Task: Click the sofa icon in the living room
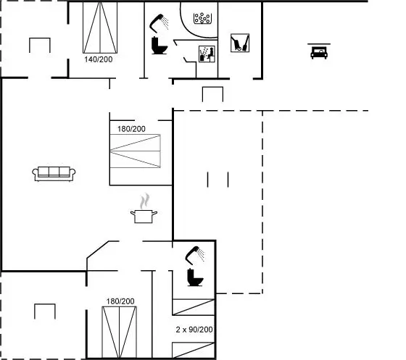54,174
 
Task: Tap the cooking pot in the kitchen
144,216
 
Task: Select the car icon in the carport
319,53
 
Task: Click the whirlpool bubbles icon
202,18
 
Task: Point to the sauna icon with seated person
207,54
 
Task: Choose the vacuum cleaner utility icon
240,43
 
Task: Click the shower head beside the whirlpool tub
159,22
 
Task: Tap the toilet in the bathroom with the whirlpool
159,46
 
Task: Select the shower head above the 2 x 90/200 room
195,255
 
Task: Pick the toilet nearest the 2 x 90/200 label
195,277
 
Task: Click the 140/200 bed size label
99,59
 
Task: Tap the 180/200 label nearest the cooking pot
131,129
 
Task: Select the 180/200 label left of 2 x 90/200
120,301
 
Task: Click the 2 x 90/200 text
194,330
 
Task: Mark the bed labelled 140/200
100,28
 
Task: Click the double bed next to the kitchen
135,151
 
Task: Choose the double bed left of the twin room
120,332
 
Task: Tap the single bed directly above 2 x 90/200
194,307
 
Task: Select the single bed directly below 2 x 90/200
194,350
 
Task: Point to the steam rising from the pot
145,201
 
